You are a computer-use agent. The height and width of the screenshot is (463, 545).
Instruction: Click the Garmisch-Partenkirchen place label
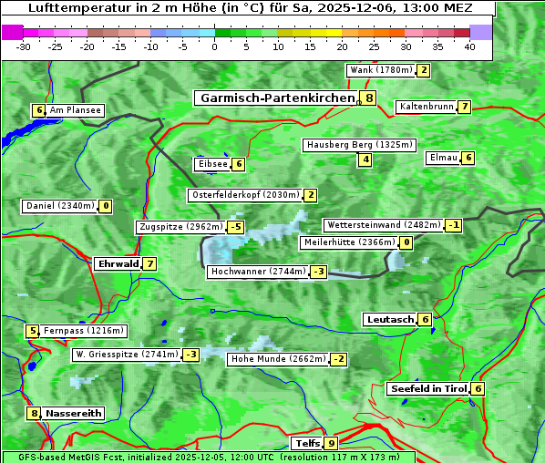[x=276, y=98]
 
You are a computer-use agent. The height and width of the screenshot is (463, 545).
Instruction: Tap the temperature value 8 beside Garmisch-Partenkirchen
[x=368, y=98]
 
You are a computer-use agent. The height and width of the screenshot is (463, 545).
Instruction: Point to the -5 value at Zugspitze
[x=236, y=227]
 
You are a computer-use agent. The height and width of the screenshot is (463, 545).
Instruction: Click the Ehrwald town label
[x=118, y=264]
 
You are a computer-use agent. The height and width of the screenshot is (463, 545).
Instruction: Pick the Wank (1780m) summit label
[x=381, y=70]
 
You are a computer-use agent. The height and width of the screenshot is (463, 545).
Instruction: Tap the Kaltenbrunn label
[x=426, y=107]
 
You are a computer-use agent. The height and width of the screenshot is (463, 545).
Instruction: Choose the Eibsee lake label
[x=211, y=164]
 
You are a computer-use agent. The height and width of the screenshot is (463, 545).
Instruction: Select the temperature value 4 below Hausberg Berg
[x=365, y=160]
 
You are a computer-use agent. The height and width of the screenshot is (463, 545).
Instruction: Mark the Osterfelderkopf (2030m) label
[x=244, y=195]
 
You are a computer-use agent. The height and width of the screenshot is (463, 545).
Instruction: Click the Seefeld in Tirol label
[x=427, y=388]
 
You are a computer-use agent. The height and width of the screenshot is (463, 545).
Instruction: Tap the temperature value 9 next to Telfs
[x=330, y=444]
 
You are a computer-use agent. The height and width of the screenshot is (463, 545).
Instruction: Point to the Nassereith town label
[x=74, y=413]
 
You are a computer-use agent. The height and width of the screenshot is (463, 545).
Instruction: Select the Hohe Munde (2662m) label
[x=278, y=359]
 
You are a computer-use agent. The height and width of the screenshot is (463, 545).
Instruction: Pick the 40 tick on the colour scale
[x=469, y=46]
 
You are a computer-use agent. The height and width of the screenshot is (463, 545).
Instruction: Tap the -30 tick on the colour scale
[x=24, y=46]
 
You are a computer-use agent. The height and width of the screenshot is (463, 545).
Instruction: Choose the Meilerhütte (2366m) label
[x=349, y=242]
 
